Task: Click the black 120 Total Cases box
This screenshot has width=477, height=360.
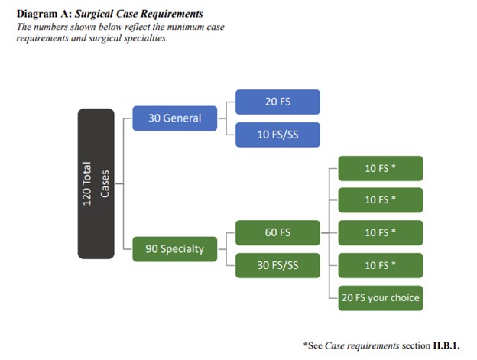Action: click(96, 183)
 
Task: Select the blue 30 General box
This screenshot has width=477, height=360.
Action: click(174, 118)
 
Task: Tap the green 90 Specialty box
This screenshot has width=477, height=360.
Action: click(174, 248)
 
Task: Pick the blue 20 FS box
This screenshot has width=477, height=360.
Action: click(277, 102)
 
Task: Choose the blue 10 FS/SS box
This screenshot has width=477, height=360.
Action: click(277, 135)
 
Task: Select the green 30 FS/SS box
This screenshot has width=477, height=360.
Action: click(277, 265)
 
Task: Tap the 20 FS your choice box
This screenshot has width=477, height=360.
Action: click(380, 297)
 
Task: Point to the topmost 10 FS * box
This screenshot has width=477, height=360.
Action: click(380, 168)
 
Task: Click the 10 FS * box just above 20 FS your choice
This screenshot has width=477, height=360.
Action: click(380, 265)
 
